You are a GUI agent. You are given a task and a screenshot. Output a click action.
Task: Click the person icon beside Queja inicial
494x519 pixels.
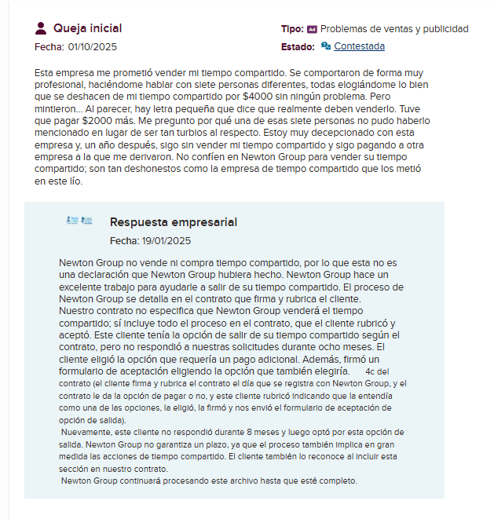pyautogui.click(x=42, y=29)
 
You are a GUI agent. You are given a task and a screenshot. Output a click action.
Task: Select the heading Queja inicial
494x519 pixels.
pyautogui.click(x=87, y=29)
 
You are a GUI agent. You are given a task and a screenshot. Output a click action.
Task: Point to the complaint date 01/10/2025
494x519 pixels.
pyautogui.click(x=93, y=47)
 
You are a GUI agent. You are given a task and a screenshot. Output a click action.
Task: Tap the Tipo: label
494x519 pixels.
pyautogui.click(x=291, y=29)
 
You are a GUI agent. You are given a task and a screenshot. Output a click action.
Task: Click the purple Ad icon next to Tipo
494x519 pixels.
pyautogui.click(x=312, y=29)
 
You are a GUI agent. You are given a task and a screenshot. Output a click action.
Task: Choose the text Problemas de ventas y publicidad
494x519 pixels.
pyautogui.click(x=394, y=29)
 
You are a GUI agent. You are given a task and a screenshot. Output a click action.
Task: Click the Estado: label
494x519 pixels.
pyautogui.click(x=298, y=46)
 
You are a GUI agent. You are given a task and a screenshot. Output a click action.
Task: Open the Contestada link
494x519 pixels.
pyautogui.click(x=359, y=46)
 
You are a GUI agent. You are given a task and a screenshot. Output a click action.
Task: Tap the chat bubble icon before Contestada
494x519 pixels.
pyautogui.click(x=325, y=46)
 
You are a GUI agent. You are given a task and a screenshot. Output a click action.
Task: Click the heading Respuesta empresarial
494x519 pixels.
pyautogui.click(x=174, y=222)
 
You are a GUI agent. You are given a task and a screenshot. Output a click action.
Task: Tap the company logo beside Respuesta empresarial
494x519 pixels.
pyautogui.click(x=79, y=221)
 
